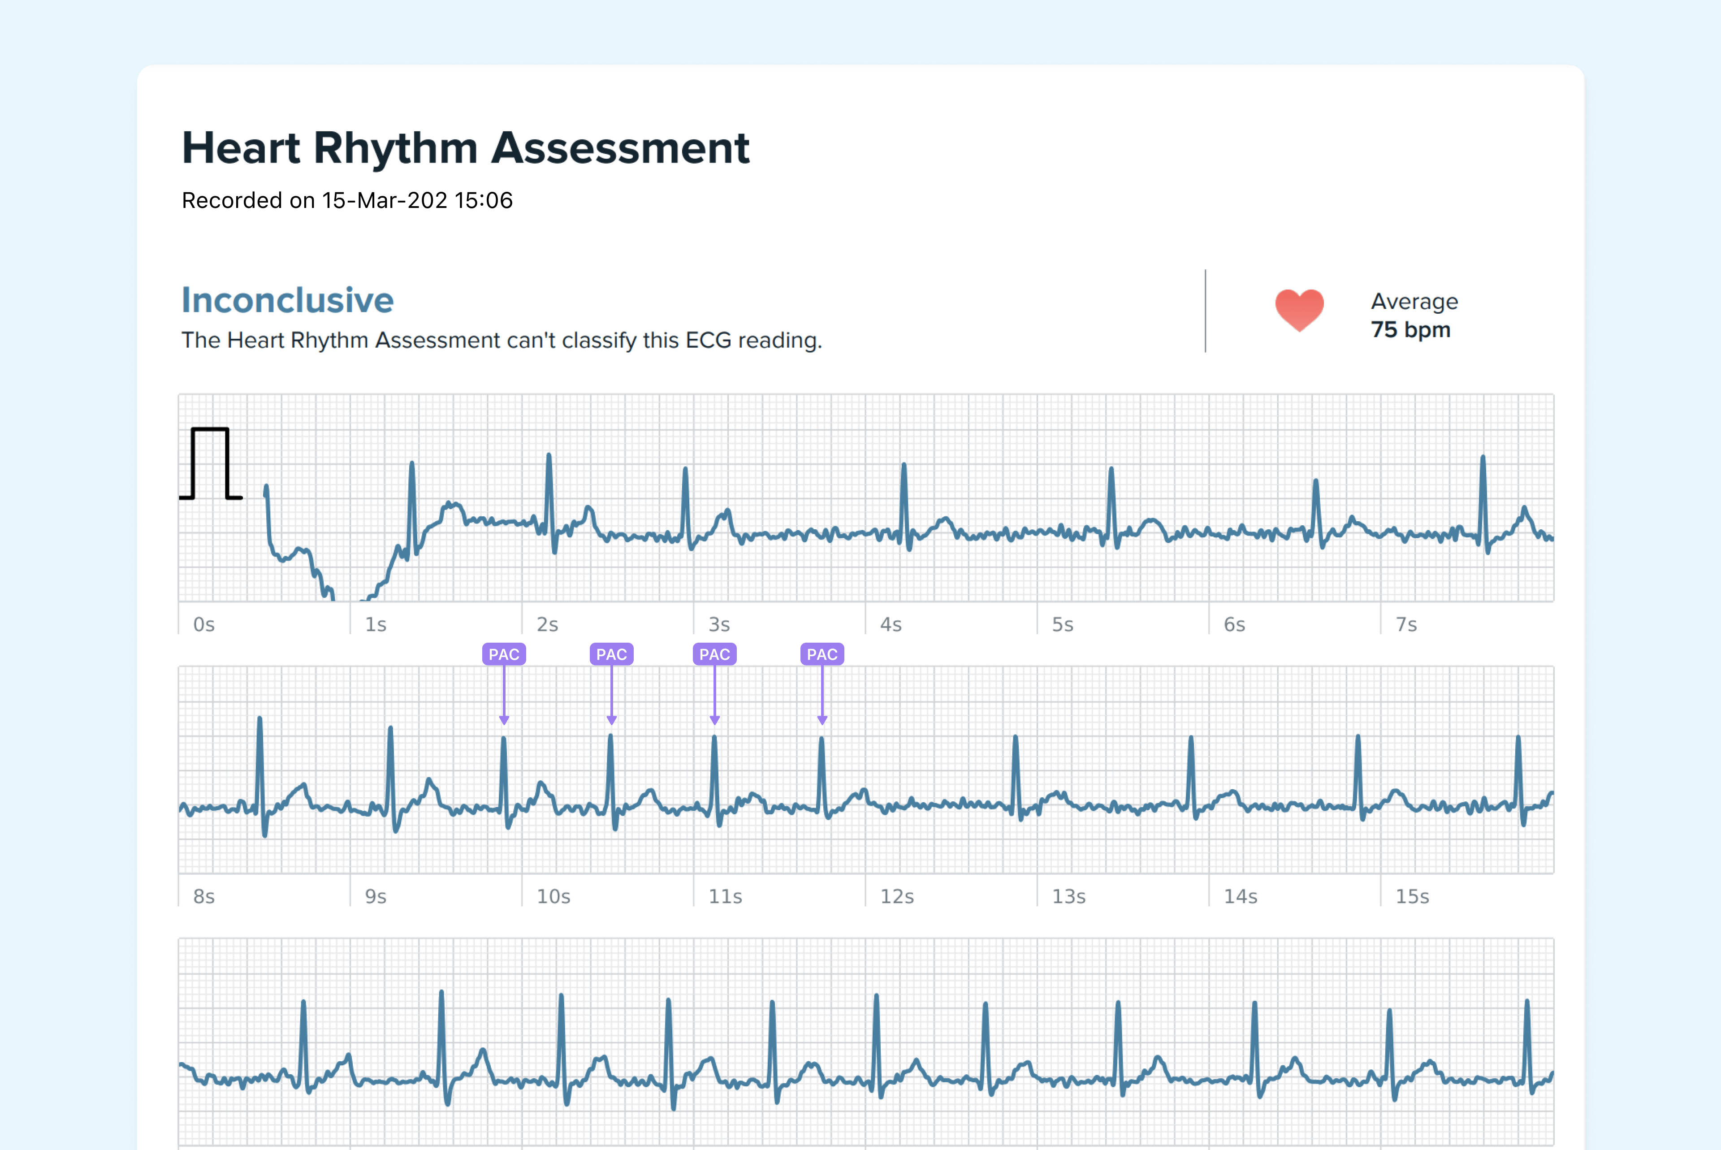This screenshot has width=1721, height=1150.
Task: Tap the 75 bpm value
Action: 1410,330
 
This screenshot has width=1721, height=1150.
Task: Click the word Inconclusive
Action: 287,300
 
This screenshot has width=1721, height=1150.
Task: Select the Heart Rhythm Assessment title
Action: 466,148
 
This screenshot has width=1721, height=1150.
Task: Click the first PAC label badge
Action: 504,654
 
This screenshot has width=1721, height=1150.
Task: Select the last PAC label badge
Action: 822,654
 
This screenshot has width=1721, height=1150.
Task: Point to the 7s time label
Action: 1405,625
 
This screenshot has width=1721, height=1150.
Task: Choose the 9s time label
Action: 376,897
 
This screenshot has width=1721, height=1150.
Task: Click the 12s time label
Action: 897,897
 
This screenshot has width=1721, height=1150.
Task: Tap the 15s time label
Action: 1412,897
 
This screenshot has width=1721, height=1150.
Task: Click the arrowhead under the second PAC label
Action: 612,720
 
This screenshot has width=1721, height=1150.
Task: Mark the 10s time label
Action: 553,897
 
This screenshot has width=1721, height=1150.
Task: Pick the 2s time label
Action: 547,625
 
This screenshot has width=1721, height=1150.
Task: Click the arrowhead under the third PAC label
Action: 715,720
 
